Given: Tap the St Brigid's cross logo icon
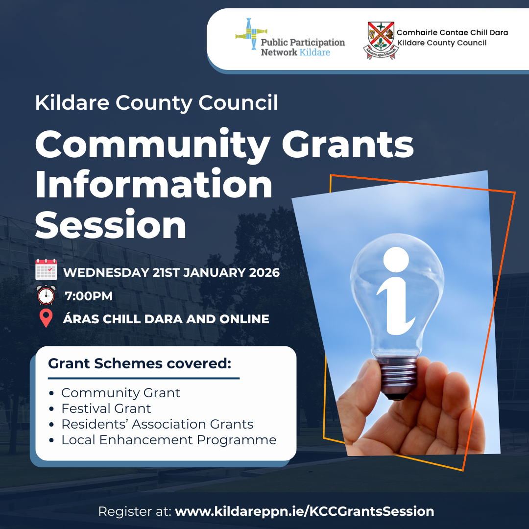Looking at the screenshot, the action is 251,34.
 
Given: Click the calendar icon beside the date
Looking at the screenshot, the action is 46,269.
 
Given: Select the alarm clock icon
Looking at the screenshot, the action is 46,295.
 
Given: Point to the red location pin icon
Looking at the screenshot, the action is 46,318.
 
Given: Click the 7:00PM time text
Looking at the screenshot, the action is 89,296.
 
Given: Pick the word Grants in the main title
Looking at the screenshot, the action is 348,144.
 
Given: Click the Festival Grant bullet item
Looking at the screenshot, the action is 106,409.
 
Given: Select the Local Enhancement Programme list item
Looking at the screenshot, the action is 168,440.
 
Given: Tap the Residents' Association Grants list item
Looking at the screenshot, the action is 157,424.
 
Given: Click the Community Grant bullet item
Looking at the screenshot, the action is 120,393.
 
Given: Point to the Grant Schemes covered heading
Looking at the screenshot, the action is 140,363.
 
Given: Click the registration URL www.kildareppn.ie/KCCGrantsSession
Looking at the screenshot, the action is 304,511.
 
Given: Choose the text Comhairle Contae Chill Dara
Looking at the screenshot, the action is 452,32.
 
